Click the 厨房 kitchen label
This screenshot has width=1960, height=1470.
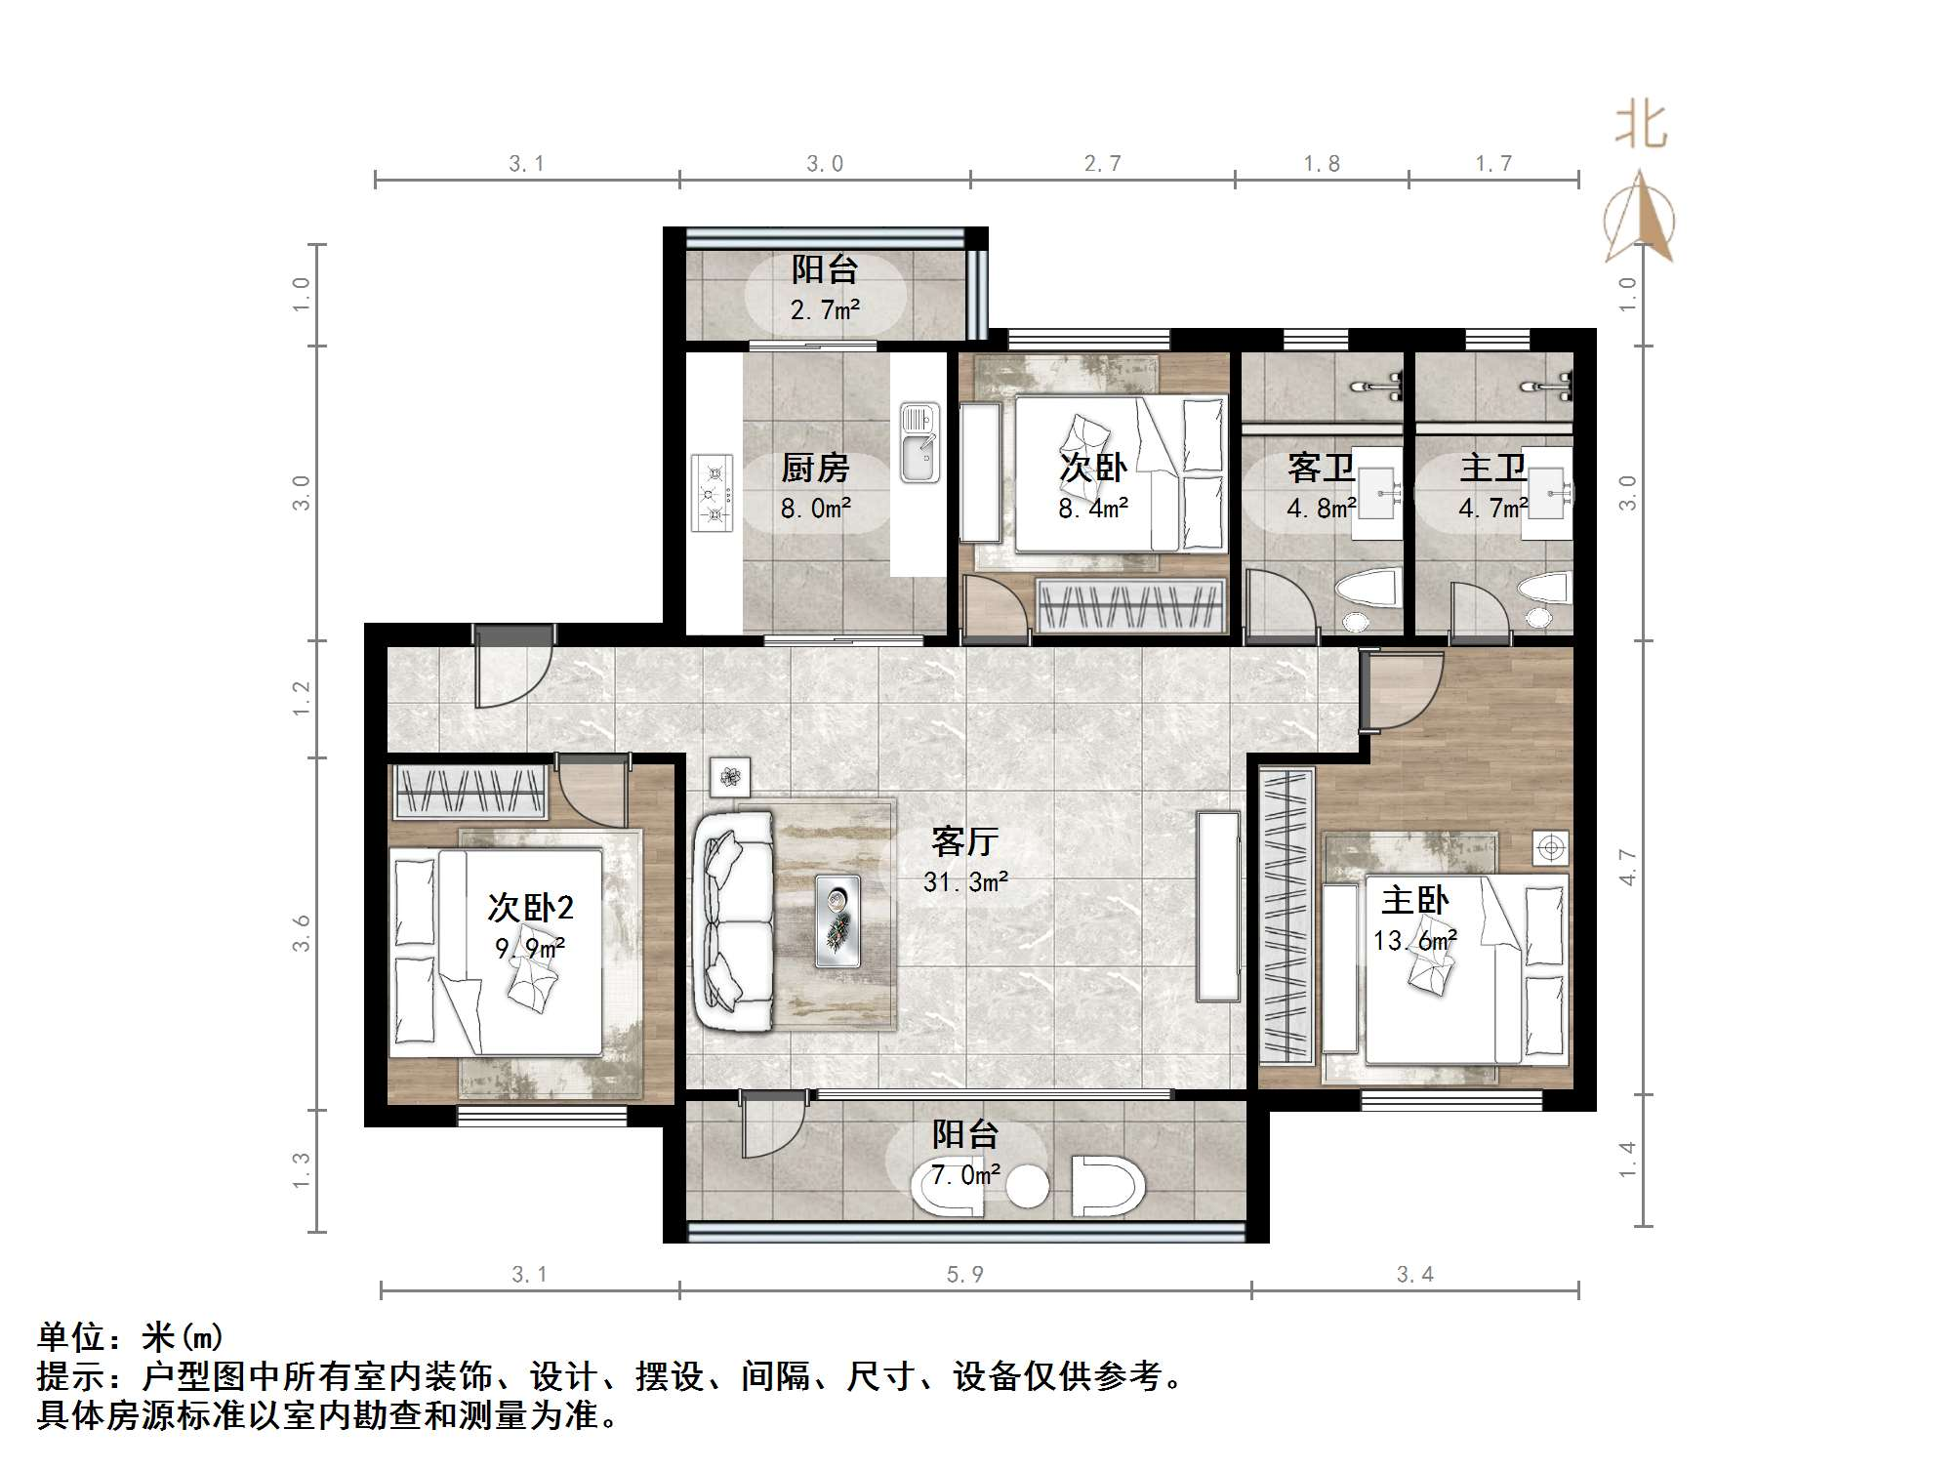[815, 469]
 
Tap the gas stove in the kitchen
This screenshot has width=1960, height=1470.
[713, 493]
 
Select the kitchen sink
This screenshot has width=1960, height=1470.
[919, 444]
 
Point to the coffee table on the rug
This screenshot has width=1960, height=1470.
[837, 920]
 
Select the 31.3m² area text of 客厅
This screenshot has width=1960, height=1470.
[965, 882]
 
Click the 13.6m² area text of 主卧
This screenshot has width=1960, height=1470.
[1414, 941]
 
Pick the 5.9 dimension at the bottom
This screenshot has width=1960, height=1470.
[964, 1274]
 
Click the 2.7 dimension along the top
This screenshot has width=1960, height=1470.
[1102, 164]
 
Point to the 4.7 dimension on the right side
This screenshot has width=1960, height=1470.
[1627, 867]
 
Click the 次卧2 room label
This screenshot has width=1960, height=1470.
[530, 908]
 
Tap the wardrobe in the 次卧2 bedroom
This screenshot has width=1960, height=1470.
[470, 792]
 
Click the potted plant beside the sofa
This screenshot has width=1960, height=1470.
[729, 777]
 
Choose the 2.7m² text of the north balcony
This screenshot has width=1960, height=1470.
[825, 310]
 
